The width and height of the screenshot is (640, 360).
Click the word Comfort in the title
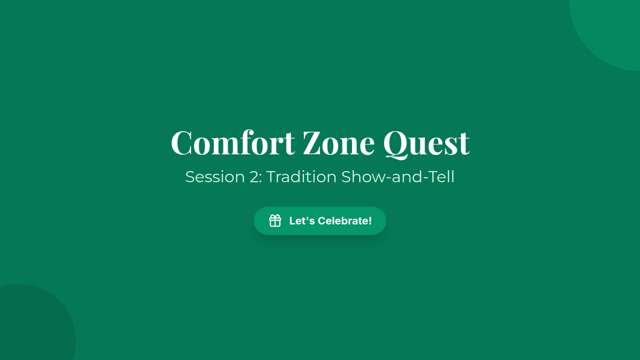233,142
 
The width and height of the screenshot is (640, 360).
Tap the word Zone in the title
339,142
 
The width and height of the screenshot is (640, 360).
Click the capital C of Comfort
181,142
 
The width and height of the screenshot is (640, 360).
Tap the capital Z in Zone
313,142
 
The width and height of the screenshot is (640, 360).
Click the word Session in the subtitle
215,177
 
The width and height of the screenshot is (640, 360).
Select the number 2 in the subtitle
254,177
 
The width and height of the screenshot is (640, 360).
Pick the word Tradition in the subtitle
301,177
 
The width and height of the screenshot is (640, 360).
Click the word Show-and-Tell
398,177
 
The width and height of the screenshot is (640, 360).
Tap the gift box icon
275,221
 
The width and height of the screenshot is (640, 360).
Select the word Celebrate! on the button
345,221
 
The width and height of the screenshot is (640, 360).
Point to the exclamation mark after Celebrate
370,221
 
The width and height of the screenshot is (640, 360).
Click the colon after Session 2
261,179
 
